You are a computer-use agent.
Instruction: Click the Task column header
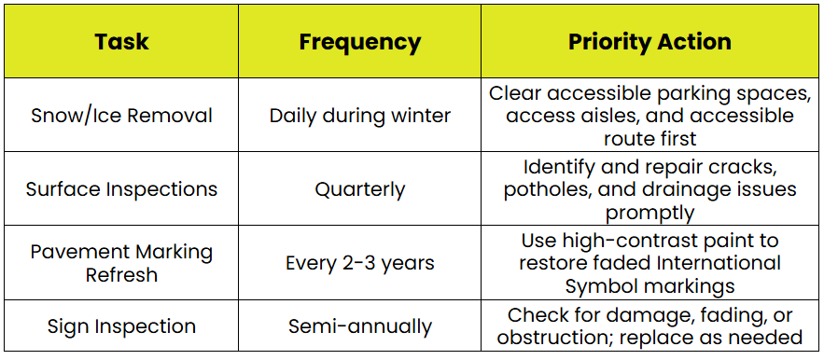(121, 42)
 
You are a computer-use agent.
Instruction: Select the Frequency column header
(360, 42)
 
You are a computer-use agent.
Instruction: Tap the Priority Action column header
(649, 42)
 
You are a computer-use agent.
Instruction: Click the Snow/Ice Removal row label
(121, 116)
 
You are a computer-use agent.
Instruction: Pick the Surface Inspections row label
(121, 189)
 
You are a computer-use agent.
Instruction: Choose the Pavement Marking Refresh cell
(121, 263)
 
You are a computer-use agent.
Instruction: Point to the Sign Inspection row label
(121, 326)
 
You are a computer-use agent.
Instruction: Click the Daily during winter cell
(360, 116)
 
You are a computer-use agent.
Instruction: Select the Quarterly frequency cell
(360, 189)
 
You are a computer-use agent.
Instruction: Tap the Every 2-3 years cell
(360, 263)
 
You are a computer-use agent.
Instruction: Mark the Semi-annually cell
(360, 326)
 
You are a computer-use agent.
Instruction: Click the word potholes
(543, 189)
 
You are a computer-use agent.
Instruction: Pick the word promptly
(650, 213)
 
